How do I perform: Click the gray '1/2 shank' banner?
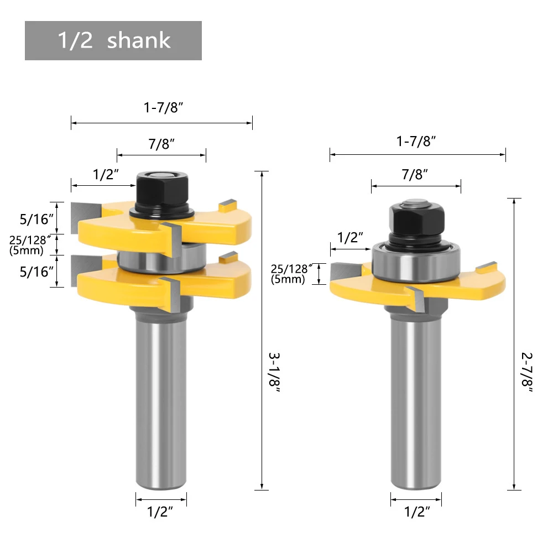[x=113, y=40]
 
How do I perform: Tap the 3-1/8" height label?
[x=274, y=373]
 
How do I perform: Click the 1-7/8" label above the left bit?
[x=163, y=107]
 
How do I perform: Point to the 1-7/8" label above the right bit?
[x=416, y=141]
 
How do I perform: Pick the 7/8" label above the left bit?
[x=161, y=144]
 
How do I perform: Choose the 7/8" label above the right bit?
[x=415, y=174]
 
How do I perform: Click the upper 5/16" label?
[x=36, y=220]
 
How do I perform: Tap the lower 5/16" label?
[x=36, y=272]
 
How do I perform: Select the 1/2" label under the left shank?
[x=160, y=512]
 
